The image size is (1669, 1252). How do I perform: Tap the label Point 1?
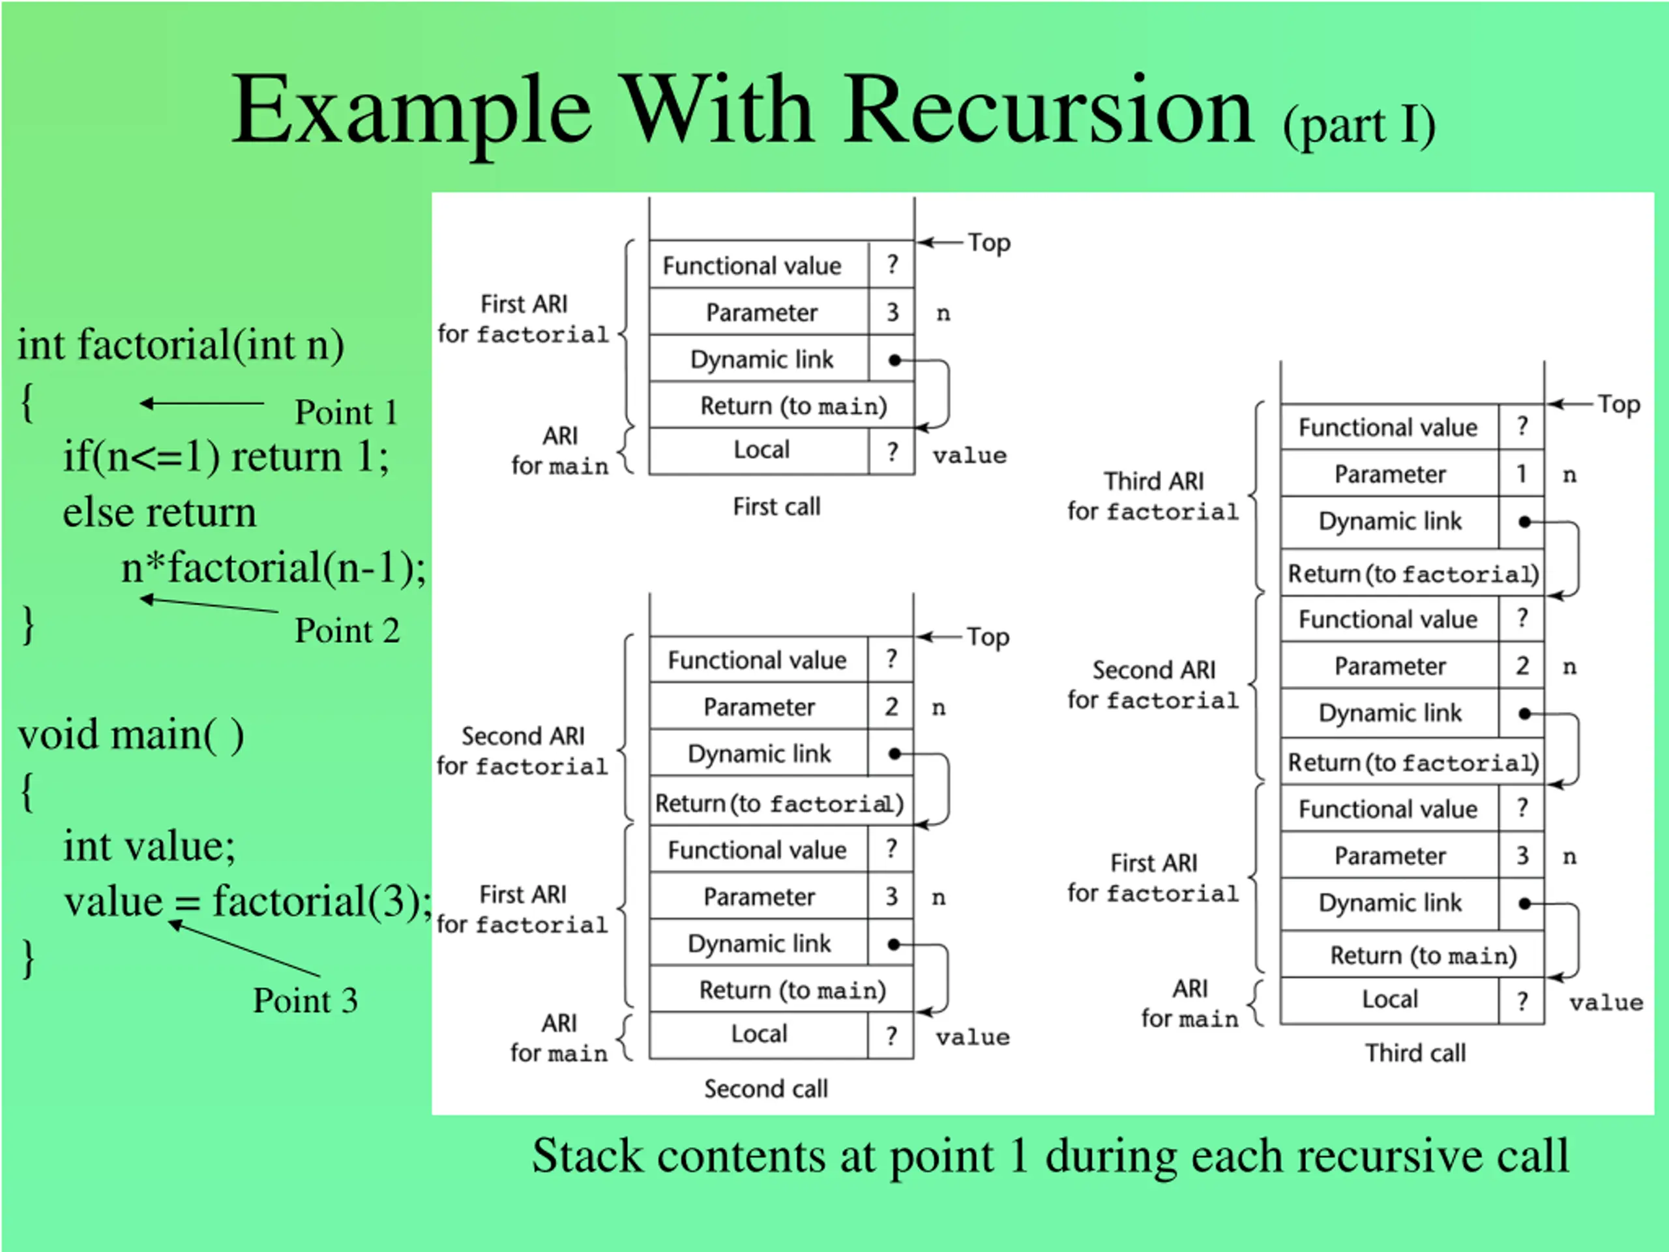point(346,412)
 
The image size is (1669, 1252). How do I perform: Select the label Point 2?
point(346,630)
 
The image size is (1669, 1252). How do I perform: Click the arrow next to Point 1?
point(201,404)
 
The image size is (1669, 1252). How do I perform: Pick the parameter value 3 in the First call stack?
point(892,312)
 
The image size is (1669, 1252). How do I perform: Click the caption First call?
point(776,507)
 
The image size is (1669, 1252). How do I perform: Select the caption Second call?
point(766,1088)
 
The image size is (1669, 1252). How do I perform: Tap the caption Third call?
point(1415,1052)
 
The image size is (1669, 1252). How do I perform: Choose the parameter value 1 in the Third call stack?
point(1521,474)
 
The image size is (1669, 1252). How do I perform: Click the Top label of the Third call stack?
point(1619,404)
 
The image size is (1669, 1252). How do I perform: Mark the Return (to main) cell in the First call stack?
point(793,406)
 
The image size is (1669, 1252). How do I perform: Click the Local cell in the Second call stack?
point(759,1034)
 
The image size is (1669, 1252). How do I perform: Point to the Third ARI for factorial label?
point(1153,496)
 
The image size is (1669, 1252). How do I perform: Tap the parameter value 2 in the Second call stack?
point(891,707)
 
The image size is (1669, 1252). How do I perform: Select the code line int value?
point(149,845)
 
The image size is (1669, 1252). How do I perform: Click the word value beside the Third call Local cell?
point(1606,1002)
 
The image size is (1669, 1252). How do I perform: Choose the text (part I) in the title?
point(1359,125)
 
